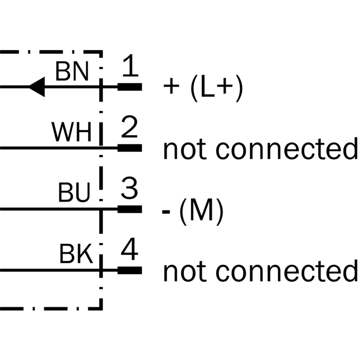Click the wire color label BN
(72, 72)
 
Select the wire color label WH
(72, 132)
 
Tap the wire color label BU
(74, 193)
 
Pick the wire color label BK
(76, 253)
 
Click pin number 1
(130, 65)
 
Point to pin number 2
(129, 126)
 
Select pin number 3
(129, 188)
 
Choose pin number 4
(130, 249)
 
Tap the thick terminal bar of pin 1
(130, 87)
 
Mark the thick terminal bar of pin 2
(130, 148)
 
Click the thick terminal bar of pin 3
(130, 209)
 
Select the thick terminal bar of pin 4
(130, 270)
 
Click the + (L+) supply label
(203, 88)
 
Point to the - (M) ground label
(193, 211)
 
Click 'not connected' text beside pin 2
(261, 149)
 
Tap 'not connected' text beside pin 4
(261, 271)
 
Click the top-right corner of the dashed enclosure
(101, 52)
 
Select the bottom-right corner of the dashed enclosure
(101, 309)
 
